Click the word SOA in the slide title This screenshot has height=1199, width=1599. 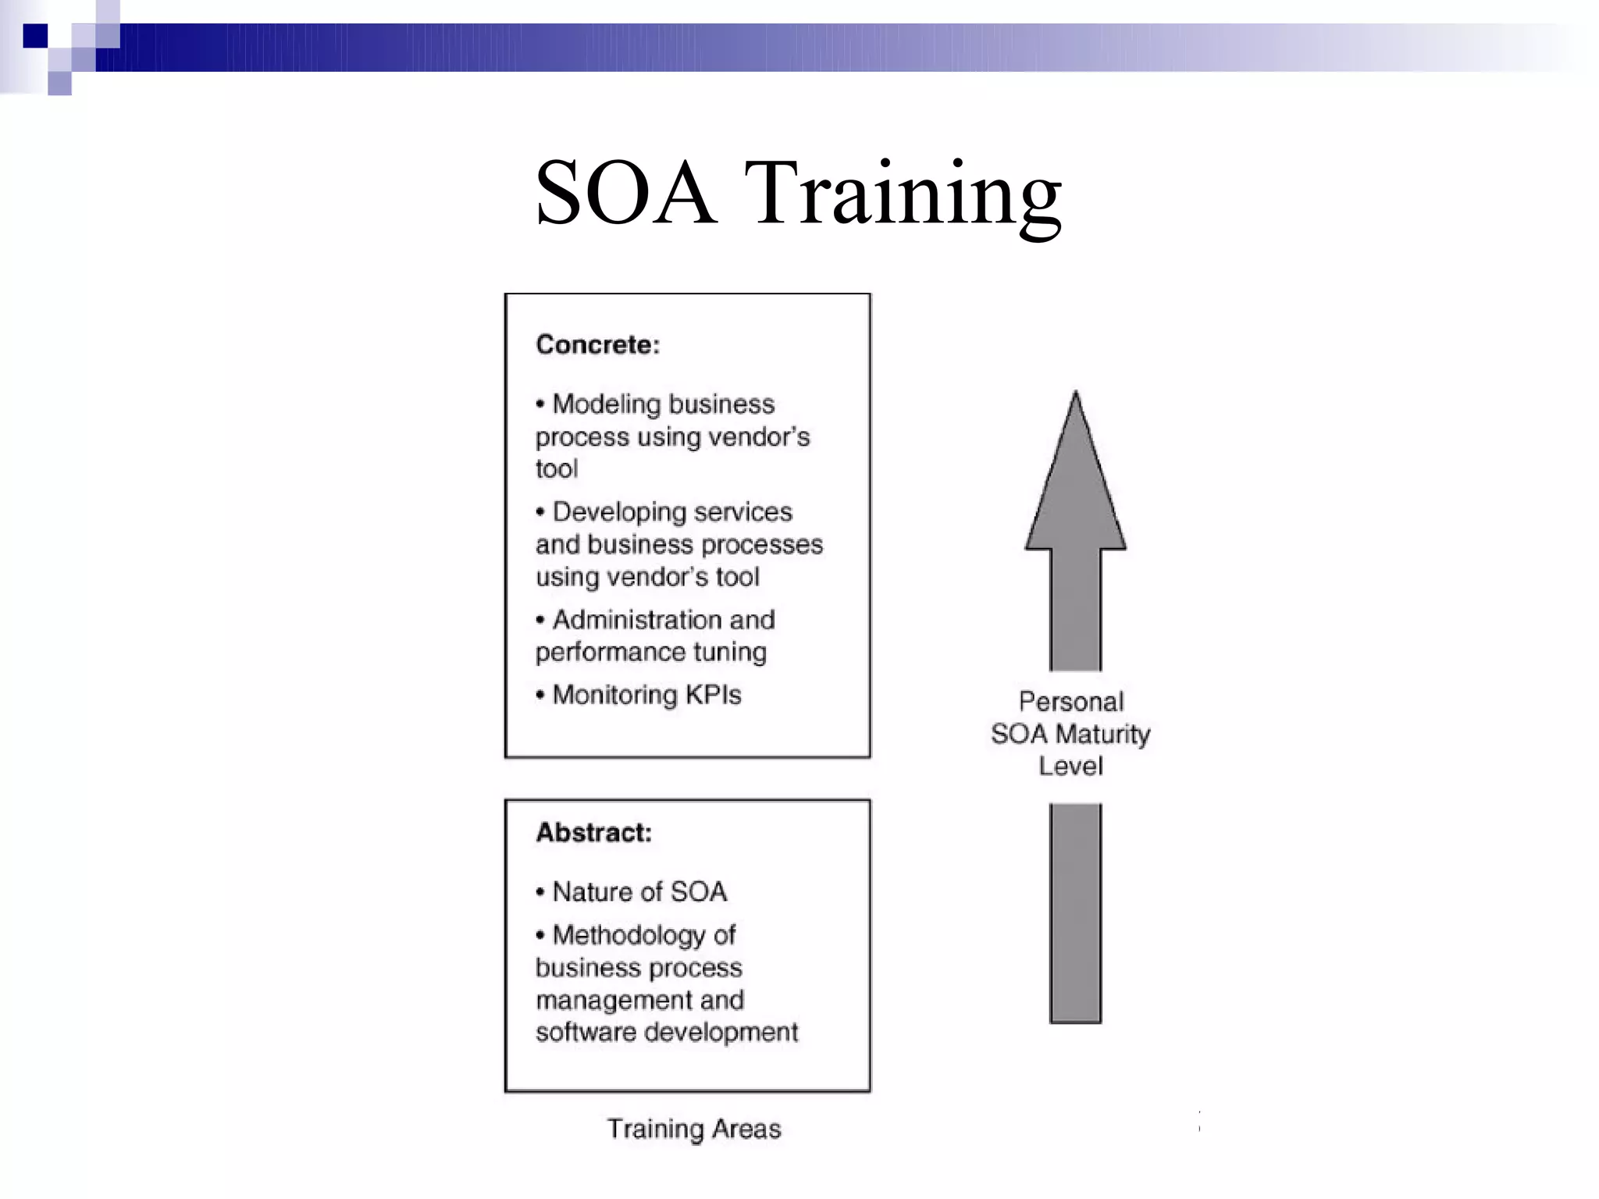coord(625,194)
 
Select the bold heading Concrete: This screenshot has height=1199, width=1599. coord(597,345)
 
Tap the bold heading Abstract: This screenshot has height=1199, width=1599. coord(593,833)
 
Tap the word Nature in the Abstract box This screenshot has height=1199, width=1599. coord(592,891)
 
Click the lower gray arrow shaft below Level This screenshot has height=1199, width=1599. coord(1075,913)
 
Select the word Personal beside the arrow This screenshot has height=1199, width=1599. coord(1071,702)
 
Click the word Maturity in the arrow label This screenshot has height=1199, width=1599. coord(1102,735)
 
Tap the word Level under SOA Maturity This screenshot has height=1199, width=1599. coord(1070,767)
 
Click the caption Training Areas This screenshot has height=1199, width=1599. coord(694,1129)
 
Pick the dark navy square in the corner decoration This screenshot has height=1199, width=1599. coord(35,36)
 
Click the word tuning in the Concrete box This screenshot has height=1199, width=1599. coord(730,652)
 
